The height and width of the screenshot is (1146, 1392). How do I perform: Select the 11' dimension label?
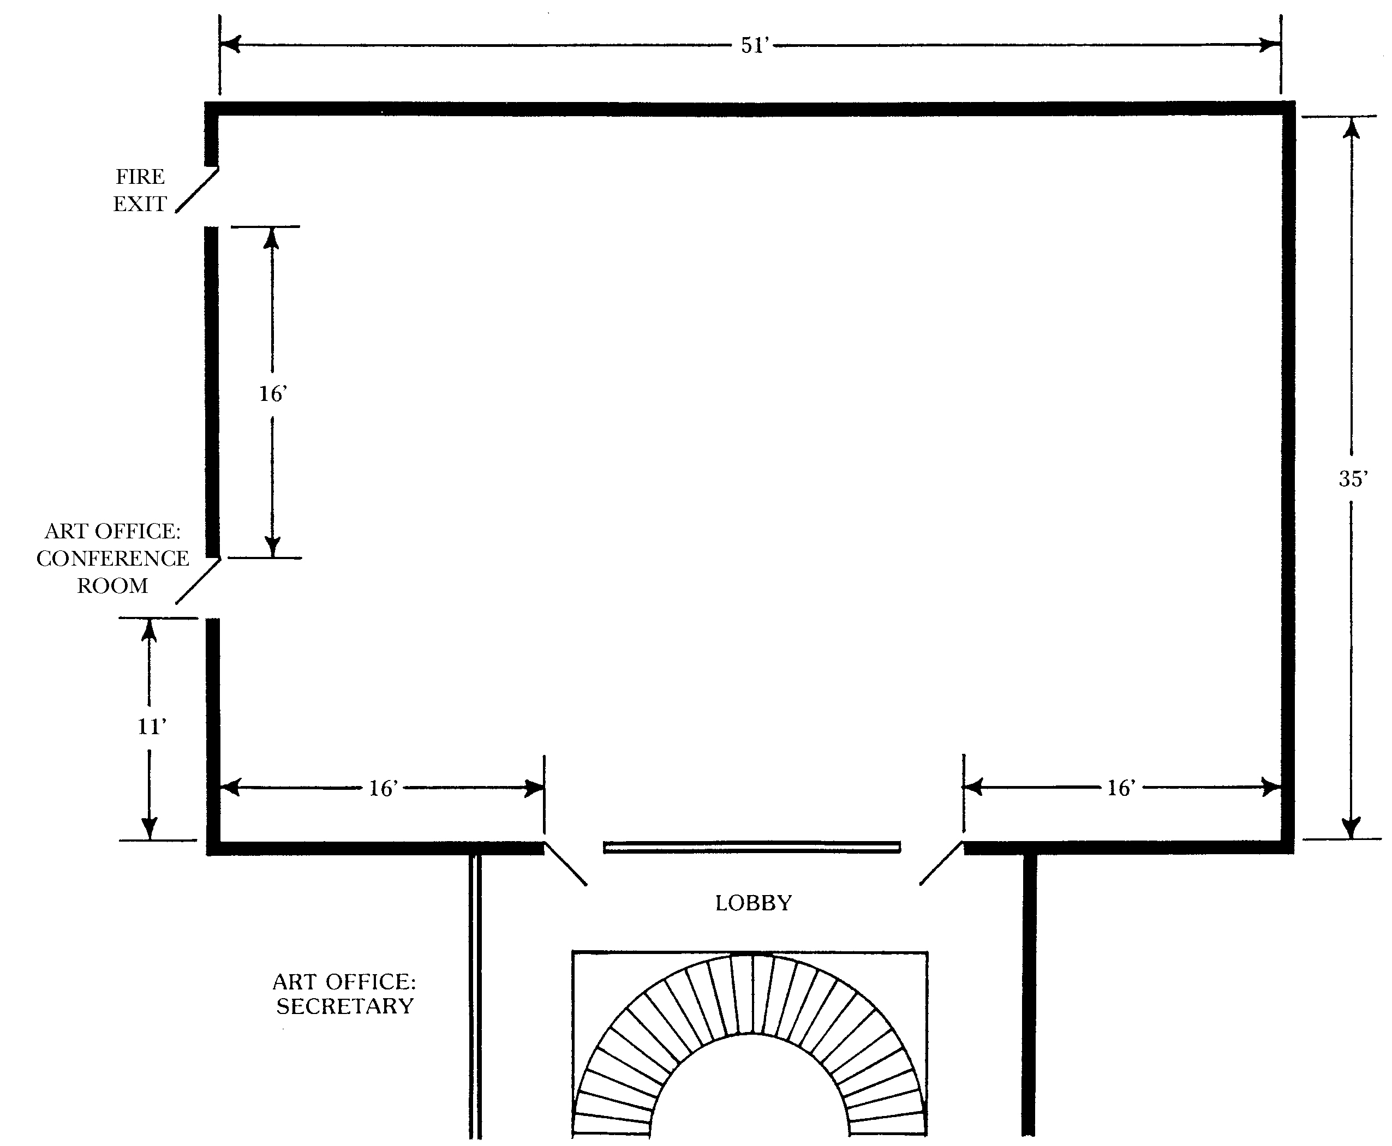152,727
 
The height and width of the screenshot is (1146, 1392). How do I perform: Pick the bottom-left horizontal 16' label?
383,788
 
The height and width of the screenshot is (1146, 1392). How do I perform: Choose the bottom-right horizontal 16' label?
1121,788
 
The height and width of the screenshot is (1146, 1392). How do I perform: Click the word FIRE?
140,177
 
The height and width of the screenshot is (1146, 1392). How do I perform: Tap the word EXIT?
140,204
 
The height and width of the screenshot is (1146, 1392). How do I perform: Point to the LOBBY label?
754,903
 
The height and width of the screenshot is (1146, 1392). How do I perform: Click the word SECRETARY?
345,1006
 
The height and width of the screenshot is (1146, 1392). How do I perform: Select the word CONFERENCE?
113,559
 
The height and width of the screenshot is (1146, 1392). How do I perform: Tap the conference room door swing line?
198,581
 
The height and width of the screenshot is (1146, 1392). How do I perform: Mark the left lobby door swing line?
565,863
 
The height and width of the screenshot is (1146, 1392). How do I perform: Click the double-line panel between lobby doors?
752,847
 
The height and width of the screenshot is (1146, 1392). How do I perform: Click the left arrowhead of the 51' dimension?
230,45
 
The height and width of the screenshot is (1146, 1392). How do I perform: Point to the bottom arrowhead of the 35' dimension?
1352,828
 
